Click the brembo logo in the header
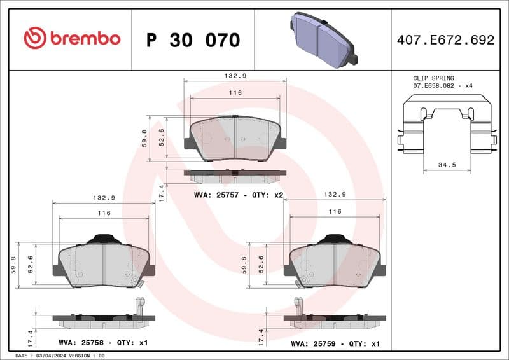(x=71, y=39)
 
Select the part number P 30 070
(x=193, y=40)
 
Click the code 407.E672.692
(x=445, y=40)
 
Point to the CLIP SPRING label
(x=434, y=78)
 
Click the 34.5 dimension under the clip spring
(x=448, y=165)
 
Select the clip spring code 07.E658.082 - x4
(x=443, y=85)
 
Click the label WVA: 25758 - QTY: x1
(x=102, y=343)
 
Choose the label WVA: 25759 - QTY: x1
(x=335, y=343)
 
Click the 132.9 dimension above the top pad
(x=235, y=76)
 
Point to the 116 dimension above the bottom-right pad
(x=335, y=211)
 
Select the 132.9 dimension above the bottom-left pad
(x=103, y=198)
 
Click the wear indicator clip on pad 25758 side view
(x=139, y=306)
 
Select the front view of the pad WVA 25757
(x=235, y=139)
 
